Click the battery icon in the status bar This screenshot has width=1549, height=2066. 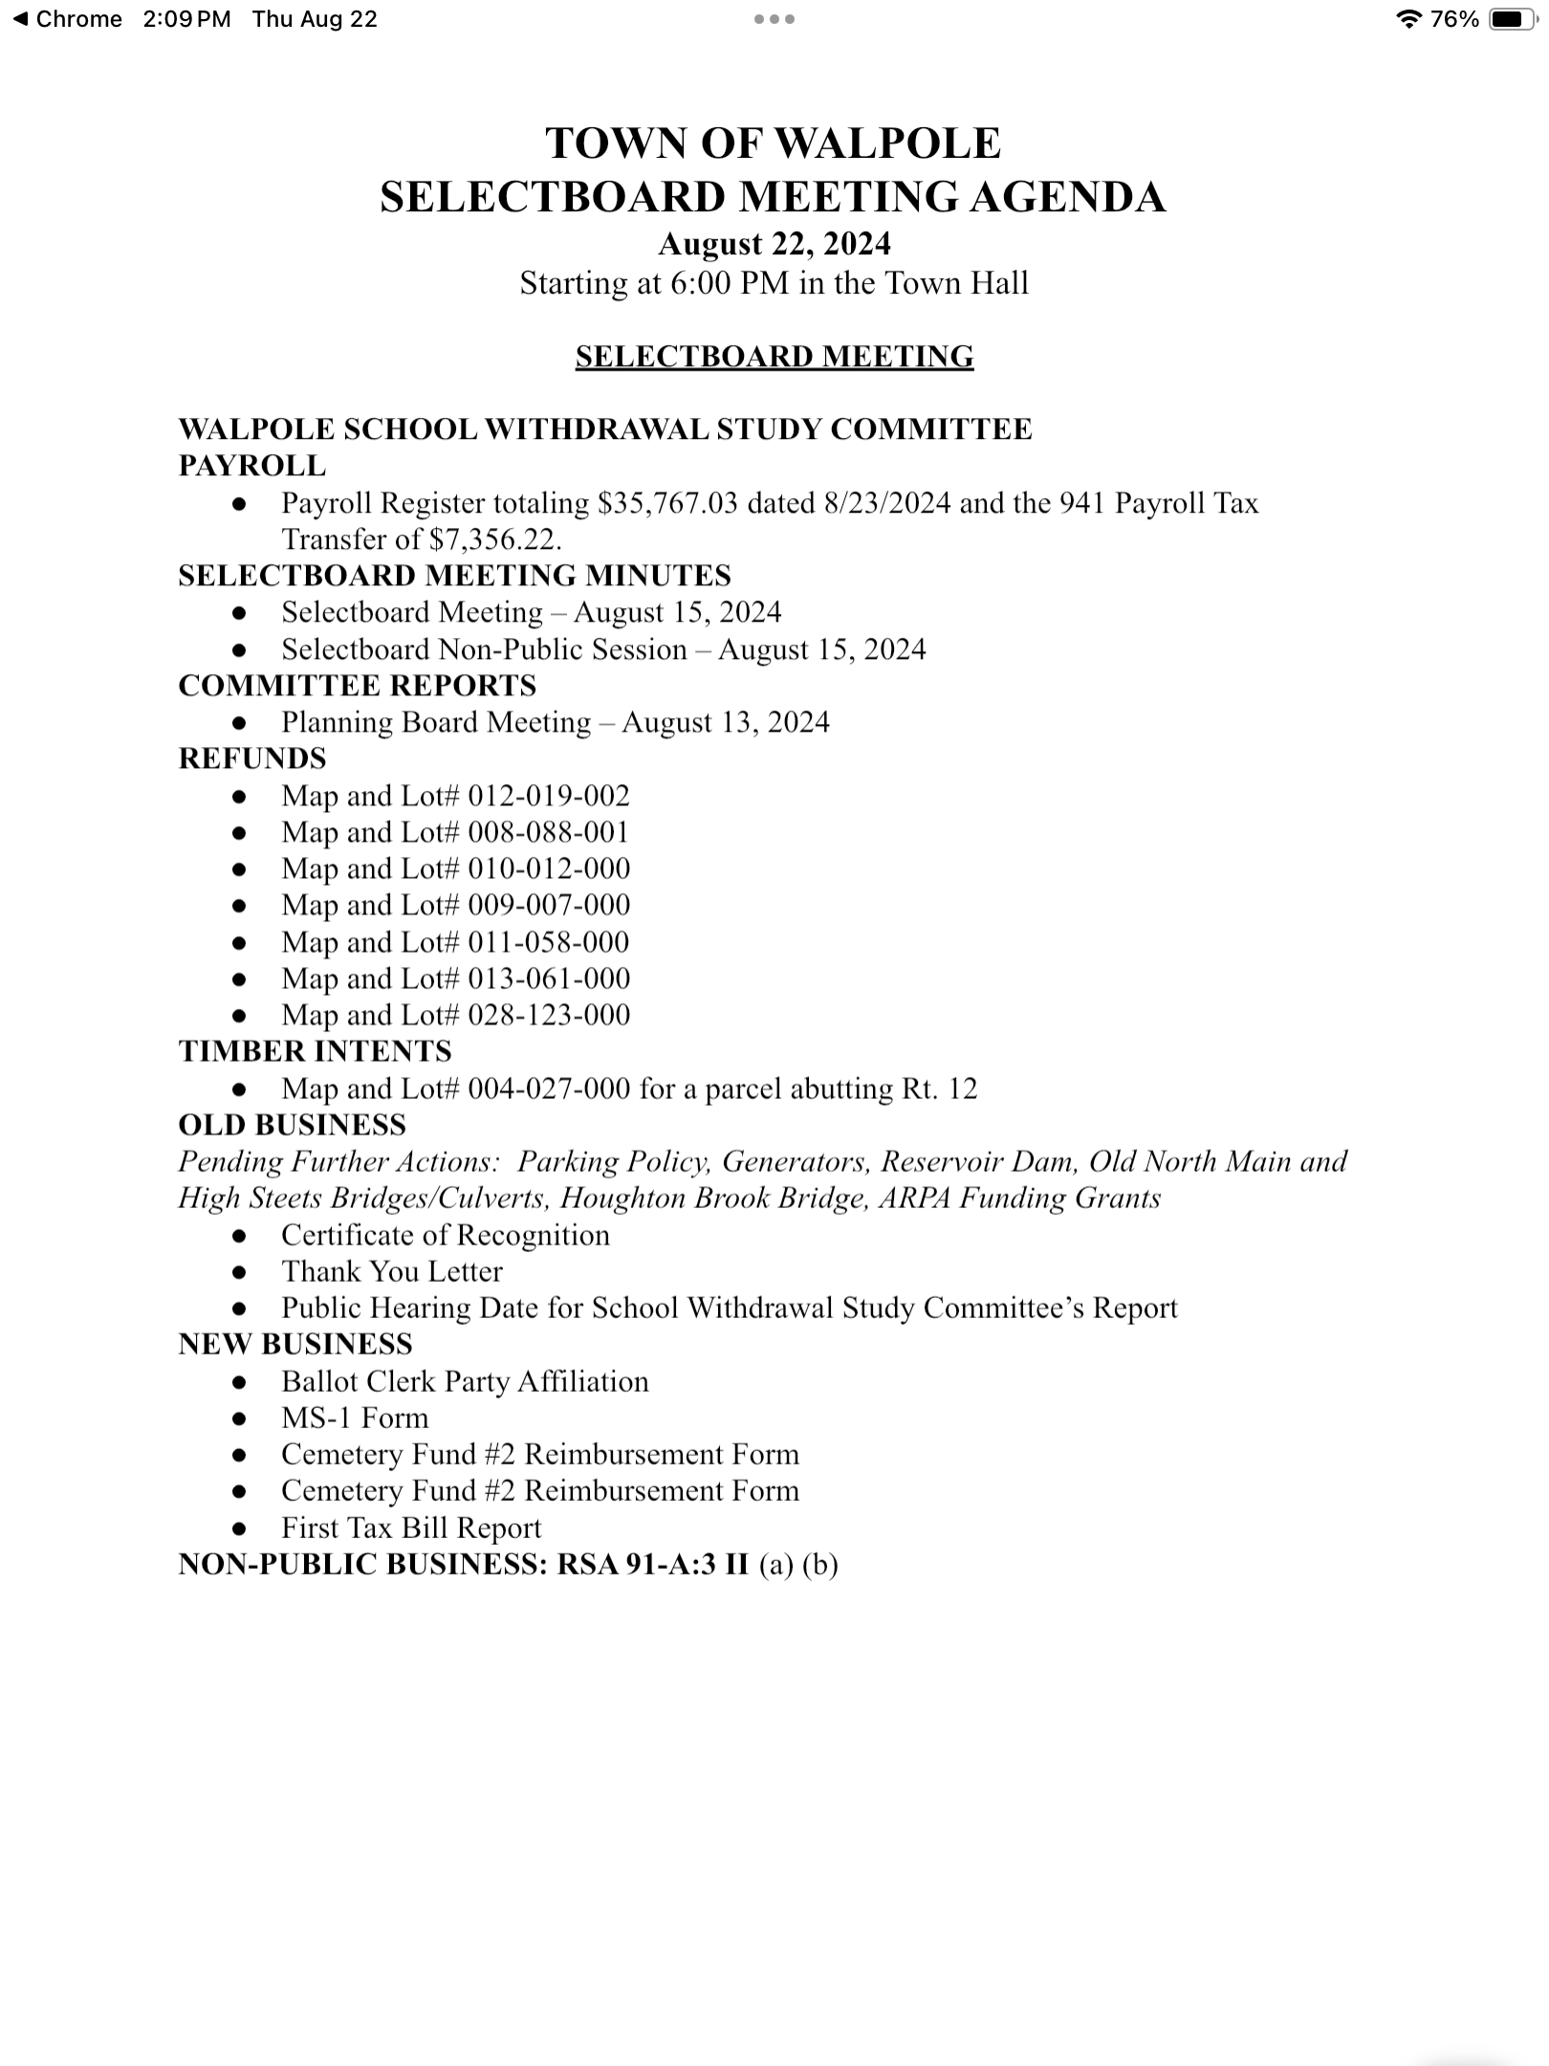[1513, 19]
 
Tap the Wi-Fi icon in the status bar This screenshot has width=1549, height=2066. [1407, 19]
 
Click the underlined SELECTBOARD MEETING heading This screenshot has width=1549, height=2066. [774, 357]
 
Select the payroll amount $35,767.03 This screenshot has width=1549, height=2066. [667, 503]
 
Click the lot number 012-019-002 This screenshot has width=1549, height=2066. [549, 796]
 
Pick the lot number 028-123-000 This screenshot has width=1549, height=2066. [549, 1015]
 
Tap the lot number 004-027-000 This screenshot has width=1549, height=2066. [549, 1088]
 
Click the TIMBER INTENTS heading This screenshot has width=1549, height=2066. [315, 1051]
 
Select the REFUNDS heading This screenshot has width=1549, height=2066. [252, 758]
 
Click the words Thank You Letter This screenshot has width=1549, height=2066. [391, 1271]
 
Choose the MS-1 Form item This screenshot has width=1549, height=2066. [355, 1418]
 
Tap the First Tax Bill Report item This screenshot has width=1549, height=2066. [411, 1528]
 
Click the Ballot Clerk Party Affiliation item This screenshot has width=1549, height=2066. [465, 1381]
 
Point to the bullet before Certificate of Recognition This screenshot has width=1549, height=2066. [240, 1236]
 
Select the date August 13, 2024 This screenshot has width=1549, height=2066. [725, 722]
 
